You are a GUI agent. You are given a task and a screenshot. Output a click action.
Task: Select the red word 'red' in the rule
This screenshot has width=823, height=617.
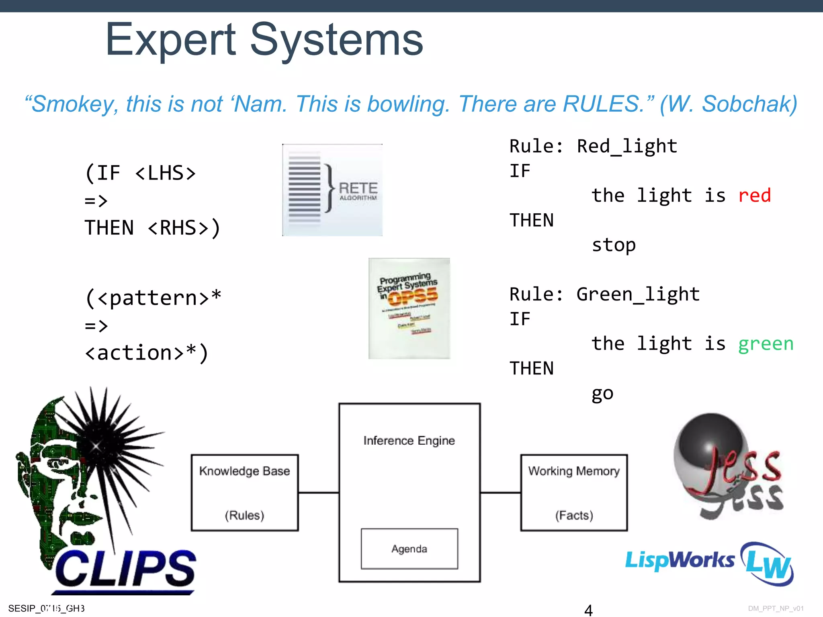(x=754, y=196)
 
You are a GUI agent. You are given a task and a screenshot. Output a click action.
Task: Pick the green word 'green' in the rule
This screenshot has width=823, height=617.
(x=766, y=344)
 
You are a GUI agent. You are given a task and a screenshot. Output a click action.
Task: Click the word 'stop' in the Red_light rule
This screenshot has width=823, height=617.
(x=614, y=245)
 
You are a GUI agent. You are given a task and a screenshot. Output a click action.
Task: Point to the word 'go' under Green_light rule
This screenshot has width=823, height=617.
(x=602, y=394)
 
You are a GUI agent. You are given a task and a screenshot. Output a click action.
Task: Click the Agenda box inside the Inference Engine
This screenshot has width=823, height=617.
(x=409, y=549)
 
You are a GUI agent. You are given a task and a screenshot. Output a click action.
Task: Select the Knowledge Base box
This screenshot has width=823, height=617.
(x=245, y=492)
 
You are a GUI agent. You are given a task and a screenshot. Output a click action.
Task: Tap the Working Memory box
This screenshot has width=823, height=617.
(x=574, y=492)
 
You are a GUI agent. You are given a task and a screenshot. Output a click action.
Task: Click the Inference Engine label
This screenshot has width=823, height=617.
(x=409, y=441)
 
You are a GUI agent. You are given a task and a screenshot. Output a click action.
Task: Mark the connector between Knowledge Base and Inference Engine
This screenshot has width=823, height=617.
(x=319, y=493)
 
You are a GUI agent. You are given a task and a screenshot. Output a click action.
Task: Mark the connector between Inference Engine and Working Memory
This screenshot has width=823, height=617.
(x=500, y=493)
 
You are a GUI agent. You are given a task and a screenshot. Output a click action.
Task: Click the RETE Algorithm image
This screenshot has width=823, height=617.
(x=332, y=190)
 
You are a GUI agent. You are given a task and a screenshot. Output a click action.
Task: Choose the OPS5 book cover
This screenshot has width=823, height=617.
(x=409, y=308)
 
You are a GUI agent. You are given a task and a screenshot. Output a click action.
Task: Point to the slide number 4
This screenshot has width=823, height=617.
(x=588, y=610)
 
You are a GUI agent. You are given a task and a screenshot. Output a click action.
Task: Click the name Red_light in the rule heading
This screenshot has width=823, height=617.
(x=627, y=146)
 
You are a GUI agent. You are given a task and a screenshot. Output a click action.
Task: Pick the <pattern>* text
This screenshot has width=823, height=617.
(x=153, y=298)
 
